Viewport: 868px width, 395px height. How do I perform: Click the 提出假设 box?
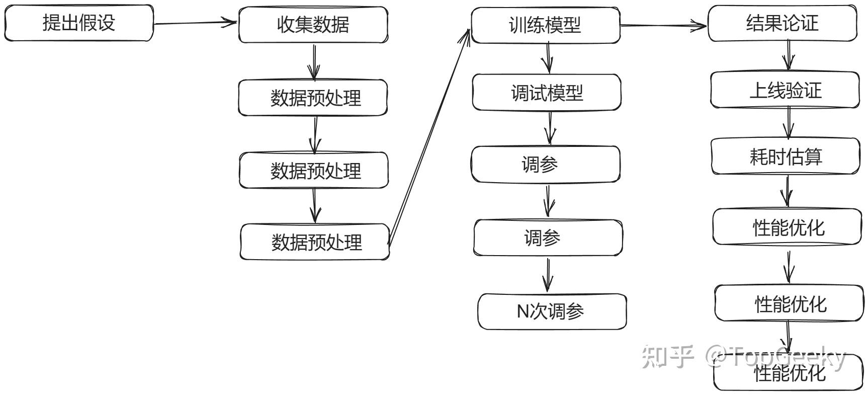pyautogui.click(x=79, y=23)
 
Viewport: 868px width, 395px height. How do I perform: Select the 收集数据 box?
pyautogui.click(x=313, y=25)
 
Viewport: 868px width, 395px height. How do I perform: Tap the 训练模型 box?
pyautogui.click(x=545, y=25)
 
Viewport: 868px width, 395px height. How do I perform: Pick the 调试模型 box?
pyautogui.click(x=547, y=93)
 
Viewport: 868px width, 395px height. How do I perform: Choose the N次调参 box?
pyautogui.click(x=552, y=311)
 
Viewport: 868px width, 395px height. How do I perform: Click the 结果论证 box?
pyautogui.click(x=782, y=24)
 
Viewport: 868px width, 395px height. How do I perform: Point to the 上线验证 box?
pyautogui.click(x=785, y=90)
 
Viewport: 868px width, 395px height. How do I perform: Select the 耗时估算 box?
pyautogui.click(x=786, y=156)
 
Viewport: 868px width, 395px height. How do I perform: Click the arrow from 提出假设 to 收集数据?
pyautogui.click(x=195, y=23)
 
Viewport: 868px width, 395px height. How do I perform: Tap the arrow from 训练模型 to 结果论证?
pyautogui.click(x=664, y=26)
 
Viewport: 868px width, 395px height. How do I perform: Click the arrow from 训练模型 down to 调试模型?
pyautogui.click(x=548, y=58)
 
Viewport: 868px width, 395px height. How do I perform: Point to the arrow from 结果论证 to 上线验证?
pyautogui.click(x=788, y=55)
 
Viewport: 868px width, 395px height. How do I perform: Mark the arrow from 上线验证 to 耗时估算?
pyautogui.click(x=788, y=123)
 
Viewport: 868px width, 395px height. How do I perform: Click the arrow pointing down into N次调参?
pyautogui.click(x=548, y=275)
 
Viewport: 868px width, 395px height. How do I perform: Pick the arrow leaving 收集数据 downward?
pyautogui.click(x=314, y=62)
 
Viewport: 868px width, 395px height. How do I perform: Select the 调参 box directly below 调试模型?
pyautogui.click(x=545, y=165)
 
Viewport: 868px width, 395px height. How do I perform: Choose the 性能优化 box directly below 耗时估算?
pyautogui.click(x=788, y=227)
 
